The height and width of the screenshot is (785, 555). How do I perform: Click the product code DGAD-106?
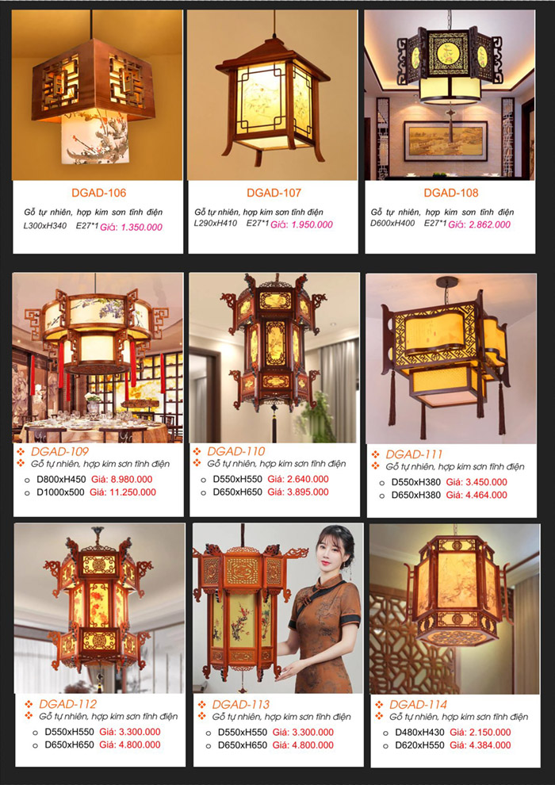click(x=98, y=193)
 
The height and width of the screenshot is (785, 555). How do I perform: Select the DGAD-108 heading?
click(x=451, y=193)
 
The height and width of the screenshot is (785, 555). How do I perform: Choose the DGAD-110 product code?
click(x=235, y=452)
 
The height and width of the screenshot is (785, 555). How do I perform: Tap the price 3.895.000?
click(x=308, y=492)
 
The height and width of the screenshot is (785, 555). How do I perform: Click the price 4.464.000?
click(x=487, y=495)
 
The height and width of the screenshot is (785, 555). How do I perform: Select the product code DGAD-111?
click(x=414, y=454)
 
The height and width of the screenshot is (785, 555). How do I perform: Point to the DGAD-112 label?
click(x=67, y=704)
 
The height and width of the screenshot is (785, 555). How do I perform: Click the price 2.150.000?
click(x=491, y=733)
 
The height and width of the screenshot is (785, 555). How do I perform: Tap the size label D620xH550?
click(x=419, y=745)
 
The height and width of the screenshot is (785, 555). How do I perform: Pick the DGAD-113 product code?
click(x=241, y=705)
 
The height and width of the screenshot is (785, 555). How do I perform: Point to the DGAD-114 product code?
click(x=419, y=704)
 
